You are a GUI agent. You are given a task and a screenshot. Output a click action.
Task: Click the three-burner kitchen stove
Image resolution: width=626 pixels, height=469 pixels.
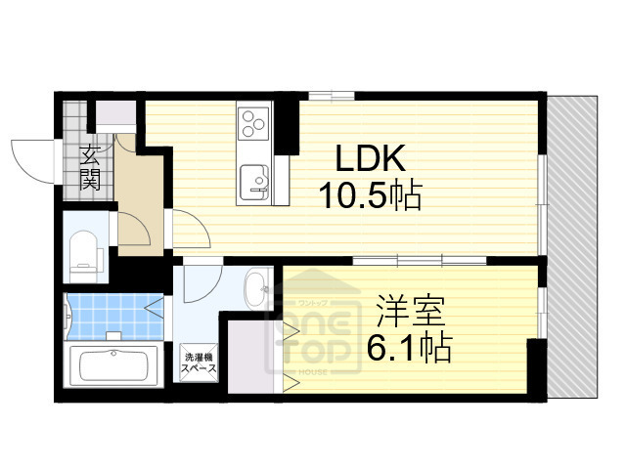click(254, 125)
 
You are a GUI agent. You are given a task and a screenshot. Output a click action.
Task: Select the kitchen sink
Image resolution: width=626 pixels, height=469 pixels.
click(256, 182)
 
